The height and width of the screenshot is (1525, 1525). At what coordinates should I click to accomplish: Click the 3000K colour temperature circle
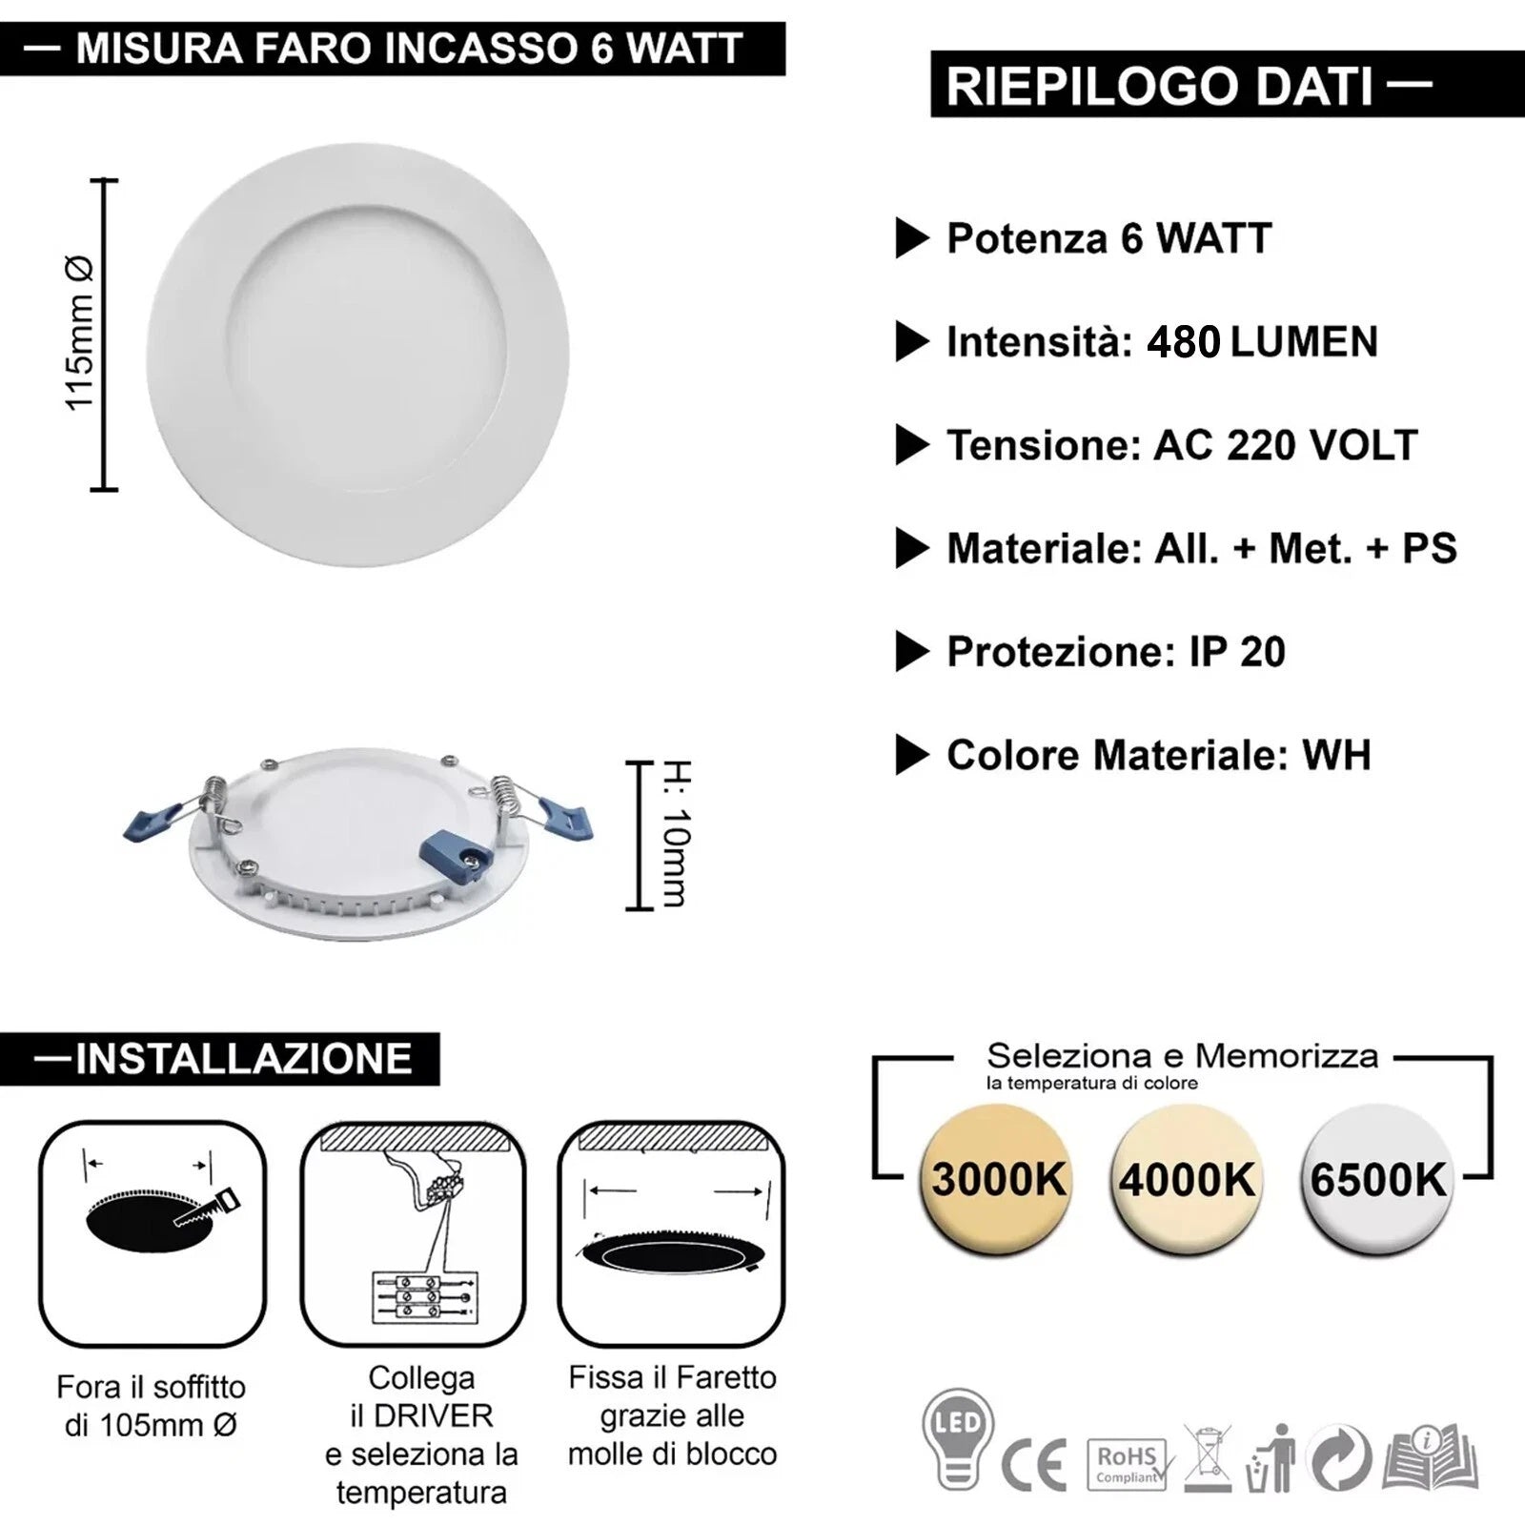(x=997, y=1179)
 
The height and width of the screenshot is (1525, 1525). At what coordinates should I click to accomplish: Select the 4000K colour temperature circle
(x=1187, y=1179)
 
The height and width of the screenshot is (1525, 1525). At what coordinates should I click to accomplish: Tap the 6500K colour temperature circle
(x=1377, y=1179)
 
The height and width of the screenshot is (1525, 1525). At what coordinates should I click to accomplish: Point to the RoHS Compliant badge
(x=1127, y=1464)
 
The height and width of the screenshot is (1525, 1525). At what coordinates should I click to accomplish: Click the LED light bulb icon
(x=958, y=1439)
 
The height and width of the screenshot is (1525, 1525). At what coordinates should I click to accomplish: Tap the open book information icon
(x=1431, y=1458)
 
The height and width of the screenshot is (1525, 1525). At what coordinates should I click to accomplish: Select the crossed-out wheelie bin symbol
(x=1208, y=1459)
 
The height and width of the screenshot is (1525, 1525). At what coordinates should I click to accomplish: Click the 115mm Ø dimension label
(x=80, y=334)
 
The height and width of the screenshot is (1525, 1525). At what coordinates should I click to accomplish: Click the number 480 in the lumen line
(x=1183, y=341)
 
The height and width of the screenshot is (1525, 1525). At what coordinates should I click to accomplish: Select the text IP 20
(x=1237, y=652)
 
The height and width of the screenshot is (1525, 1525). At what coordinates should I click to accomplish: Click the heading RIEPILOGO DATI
(x=1160, y=86)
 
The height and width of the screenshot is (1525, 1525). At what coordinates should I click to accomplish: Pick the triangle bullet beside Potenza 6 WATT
(x=912, y=238)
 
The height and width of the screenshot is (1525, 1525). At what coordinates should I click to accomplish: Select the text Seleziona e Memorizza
(x=1182, y=1056)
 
